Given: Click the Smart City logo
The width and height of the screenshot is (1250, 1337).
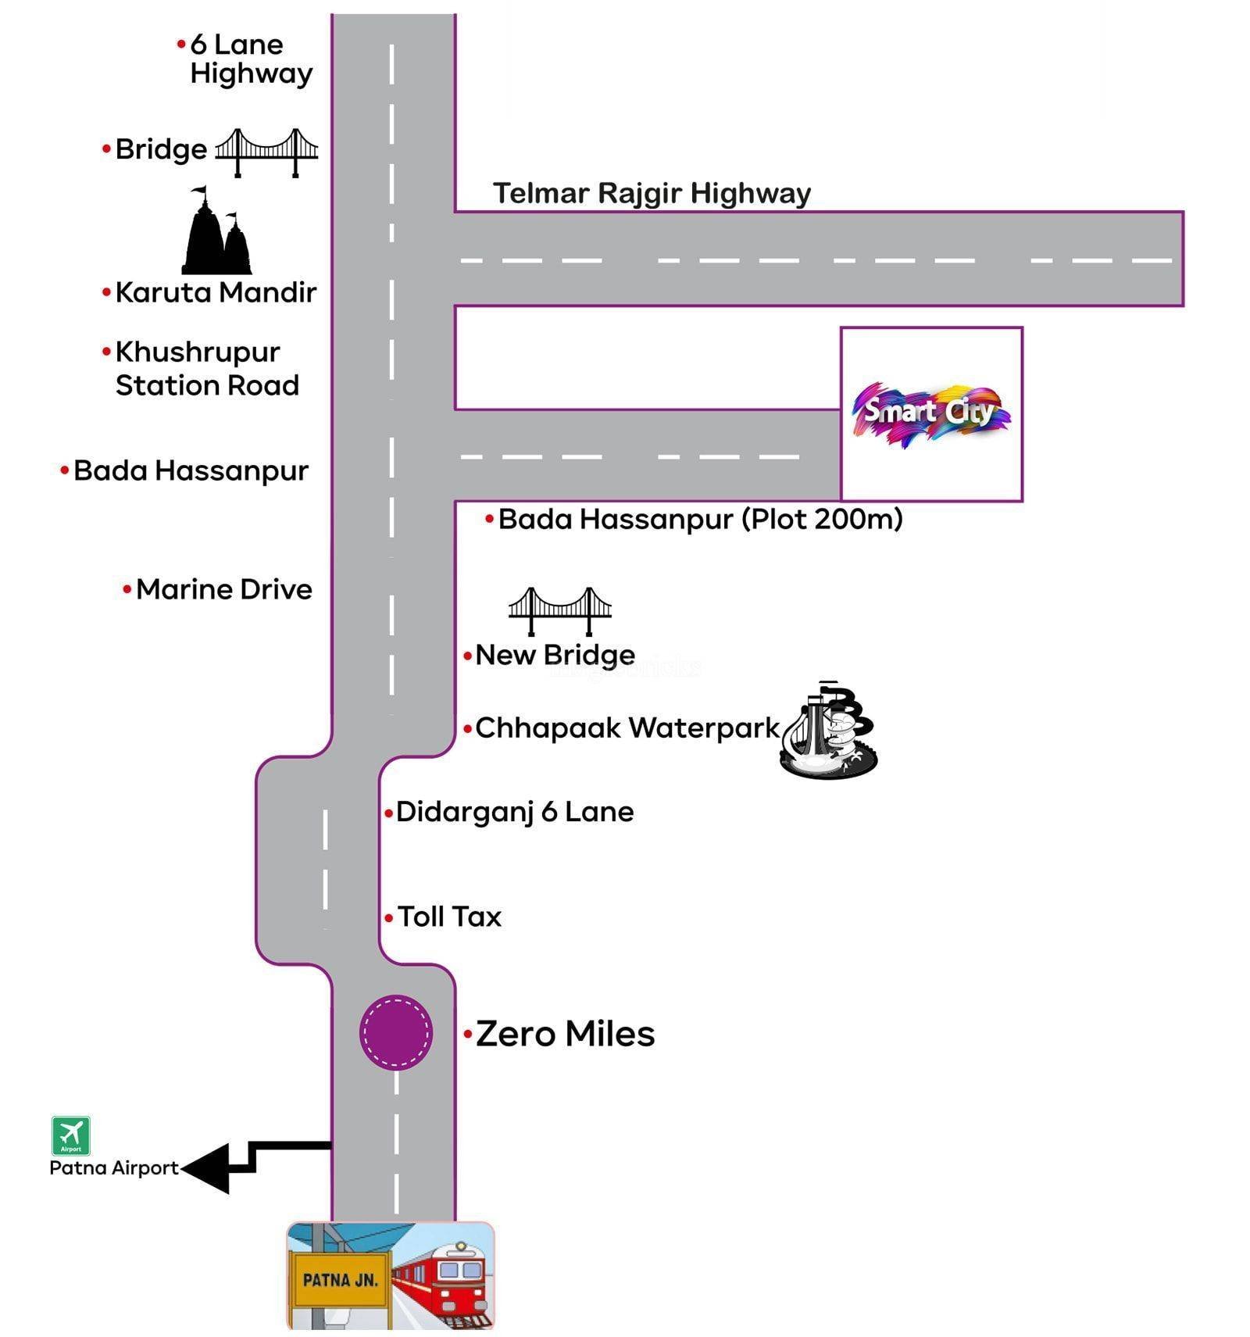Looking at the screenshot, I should (x=930, y=413).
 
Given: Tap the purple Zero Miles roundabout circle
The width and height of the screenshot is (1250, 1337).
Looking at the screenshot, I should (x=395, y=1031).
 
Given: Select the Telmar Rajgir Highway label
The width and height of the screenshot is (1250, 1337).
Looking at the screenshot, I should (x=652, y=193).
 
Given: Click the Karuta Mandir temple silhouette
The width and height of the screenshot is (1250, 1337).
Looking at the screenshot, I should (x=216, y=233).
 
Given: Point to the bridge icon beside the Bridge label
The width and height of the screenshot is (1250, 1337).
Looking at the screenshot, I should (x=266, y=152).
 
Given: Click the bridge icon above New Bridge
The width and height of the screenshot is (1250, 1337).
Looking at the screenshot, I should (x=559, y=610).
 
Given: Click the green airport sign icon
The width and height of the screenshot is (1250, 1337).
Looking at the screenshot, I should (x=71, y=1135).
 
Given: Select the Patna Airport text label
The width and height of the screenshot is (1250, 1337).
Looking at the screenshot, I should (x=114, y=1167).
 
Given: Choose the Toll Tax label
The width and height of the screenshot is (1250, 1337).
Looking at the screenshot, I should (x=449, y=917).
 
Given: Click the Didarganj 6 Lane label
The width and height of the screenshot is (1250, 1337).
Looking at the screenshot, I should (x=514, y=812).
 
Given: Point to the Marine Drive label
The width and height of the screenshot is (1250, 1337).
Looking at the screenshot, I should (x=223, y=589).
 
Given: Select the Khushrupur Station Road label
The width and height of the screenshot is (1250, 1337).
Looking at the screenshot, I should (x=206, y=369).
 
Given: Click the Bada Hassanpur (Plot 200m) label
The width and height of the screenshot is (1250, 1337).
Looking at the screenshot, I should (x=700, y=519).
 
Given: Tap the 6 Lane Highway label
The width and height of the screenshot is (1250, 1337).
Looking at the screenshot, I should (x=250, y=59).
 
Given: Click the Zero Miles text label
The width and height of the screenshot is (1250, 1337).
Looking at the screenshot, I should (x=565, y=1034).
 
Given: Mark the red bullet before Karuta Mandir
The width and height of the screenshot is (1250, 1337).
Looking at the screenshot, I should (x=106, y=293).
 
